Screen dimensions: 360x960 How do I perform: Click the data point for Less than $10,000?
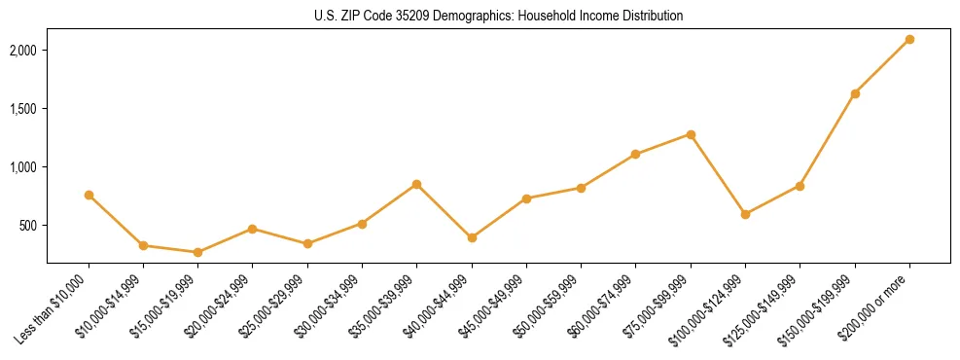coord(89,195)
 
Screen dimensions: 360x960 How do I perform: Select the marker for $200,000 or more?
coord(909,39)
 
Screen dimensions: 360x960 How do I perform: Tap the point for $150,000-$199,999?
coord(855,93)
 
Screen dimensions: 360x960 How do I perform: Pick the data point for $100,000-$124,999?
coord(745,214)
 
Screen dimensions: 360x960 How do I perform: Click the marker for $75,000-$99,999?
coord(691,134)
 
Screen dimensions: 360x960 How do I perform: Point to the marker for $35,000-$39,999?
coord(416,184)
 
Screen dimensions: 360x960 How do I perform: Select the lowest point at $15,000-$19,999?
coord(197,252)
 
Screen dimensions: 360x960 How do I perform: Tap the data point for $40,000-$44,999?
coord(472,237)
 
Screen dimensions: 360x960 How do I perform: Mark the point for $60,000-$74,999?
coord(636,154)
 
